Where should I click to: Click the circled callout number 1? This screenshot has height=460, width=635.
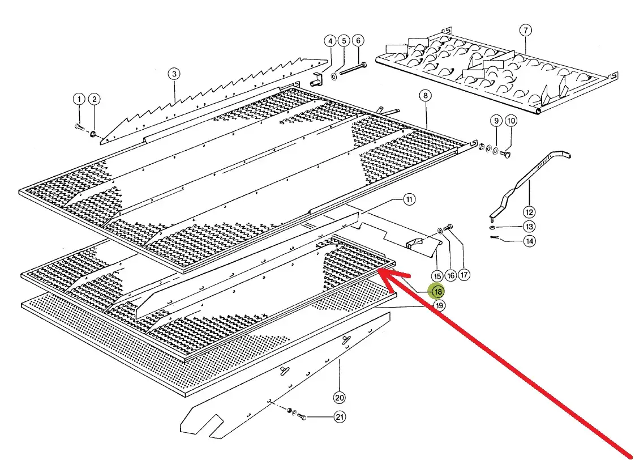78,99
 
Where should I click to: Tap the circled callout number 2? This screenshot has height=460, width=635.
95,99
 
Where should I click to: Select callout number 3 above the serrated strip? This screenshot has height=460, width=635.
174,74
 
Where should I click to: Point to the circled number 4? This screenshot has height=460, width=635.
330,41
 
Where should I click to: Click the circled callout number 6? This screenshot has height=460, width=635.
358,41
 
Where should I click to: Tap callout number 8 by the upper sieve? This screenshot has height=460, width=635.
425,95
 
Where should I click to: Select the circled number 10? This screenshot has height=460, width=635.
511,121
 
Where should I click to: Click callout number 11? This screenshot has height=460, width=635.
409,199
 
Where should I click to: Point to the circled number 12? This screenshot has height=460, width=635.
529,212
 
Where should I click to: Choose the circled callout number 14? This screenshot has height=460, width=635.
529,241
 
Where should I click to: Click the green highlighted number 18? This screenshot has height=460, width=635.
437,292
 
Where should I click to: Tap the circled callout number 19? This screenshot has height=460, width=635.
440,306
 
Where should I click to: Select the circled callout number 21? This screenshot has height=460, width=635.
340,418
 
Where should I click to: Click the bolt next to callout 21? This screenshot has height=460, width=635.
301,417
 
